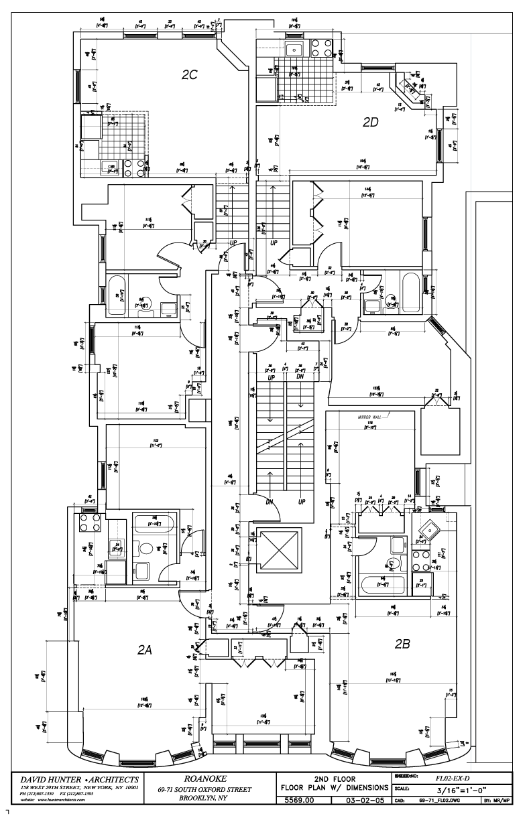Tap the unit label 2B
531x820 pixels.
402,644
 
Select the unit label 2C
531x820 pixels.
189,76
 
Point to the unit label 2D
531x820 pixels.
371,122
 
